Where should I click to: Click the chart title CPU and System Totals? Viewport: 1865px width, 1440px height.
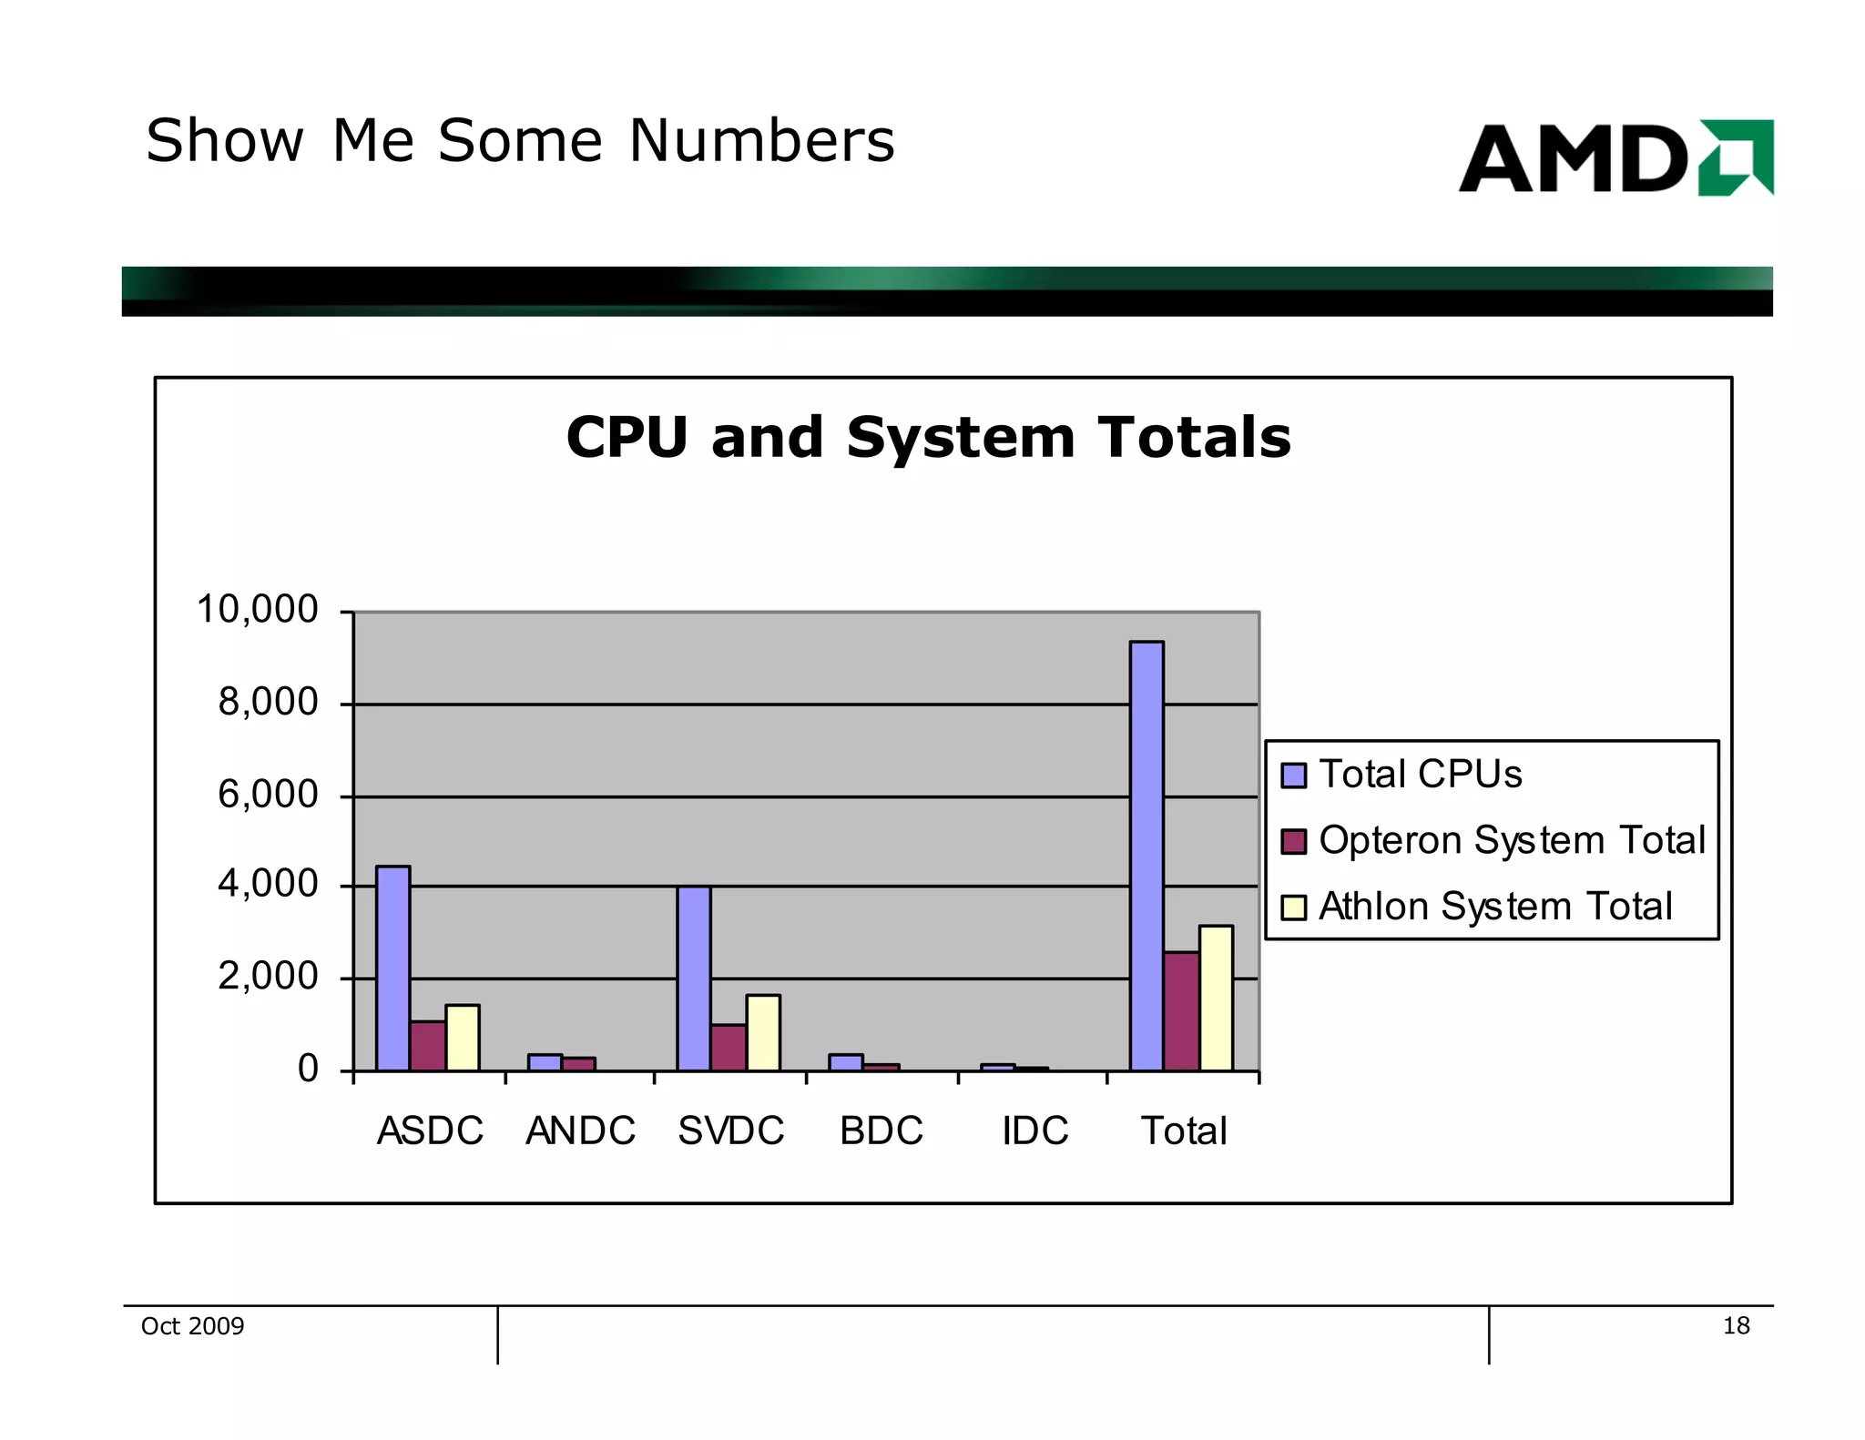[928, 438]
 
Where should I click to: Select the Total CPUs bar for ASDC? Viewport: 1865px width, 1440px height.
[392, 968]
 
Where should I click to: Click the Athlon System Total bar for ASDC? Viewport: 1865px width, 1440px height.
[462, 1038]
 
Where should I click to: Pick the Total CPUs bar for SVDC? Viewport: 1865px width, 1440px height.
[693, 978]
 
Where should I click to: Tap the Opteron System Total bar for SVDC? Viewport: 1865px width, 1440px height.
[728, 1048]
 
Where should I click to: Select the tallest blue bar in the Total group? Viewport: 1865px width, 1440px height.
[1146, 856]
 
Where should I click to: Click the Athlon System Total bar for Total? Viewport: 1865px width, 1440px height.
[1216, 998]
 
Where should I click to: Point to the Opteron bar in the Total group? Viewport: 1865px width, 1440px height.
[1181, 1011]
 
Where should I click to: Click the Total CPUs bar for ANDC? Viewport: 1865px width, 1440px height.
[545, 1062]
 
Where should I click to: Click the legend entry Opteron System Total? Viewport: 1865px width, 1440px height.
[1511, 840]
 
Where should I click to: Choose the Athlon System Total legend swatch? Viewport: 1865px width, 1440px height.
[1293, 908]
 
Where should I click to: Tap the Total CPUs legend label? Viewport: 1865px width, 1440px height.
[1420, 775]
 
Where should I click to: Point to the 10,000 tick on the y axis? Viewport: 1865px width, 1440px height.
[257, 609]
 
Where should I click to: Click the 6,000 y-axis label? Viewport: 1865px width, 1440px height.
[267, 795]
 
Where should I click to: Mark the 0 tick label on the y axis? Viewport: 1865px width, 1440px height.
[308, 1069]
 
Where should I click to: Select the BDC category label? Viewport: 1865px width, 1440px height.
[881, 1131]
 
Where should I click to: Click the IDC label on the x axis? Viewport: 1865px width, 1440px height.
[1034, 1131]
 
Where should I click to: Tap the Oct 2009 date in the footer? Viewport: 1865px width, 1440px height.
[192, 1326]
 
